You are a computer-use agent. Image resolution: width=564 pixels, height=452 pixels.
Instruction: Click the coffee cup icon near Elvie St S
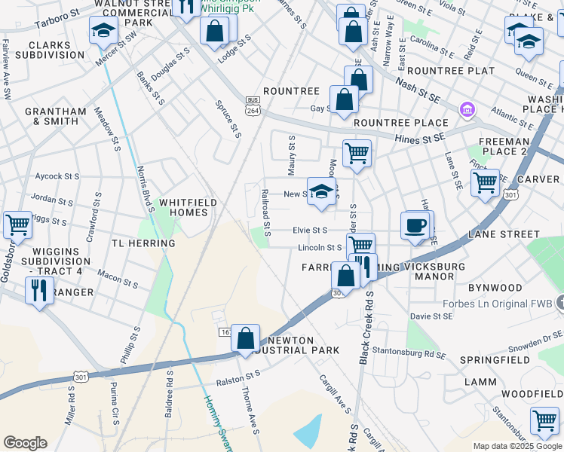[415, 225]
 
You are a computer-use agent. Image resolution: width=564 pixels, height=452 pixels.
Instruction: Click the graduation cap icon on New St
[321, 191]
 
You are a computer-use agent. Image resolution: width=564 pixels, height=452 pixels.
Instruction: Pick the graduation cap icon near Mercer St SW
[103, 31]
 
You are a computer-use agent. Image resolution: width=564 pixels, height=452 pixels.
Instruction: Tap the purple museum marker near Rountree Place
[467, 111]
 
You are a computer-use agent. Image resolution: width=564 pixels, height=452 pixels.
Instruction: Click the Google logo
[25, 443]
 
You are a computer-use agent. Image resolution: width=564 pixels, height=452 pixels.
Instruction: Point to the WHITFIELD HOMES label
[188, 207]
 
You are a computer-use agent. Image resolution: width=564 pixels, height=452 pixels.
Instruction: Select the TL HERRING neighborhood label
[143, 243]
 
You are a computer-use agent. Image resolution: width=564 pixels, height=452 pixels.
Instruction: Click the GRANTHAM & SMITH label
[56, 116]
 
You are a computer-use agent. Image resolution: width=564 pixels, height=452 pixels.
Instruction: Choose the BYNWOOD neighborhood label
[495, 288]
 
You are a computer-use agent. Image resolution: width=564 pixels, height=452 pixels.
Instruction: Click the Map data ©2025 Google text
[516, 446]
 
